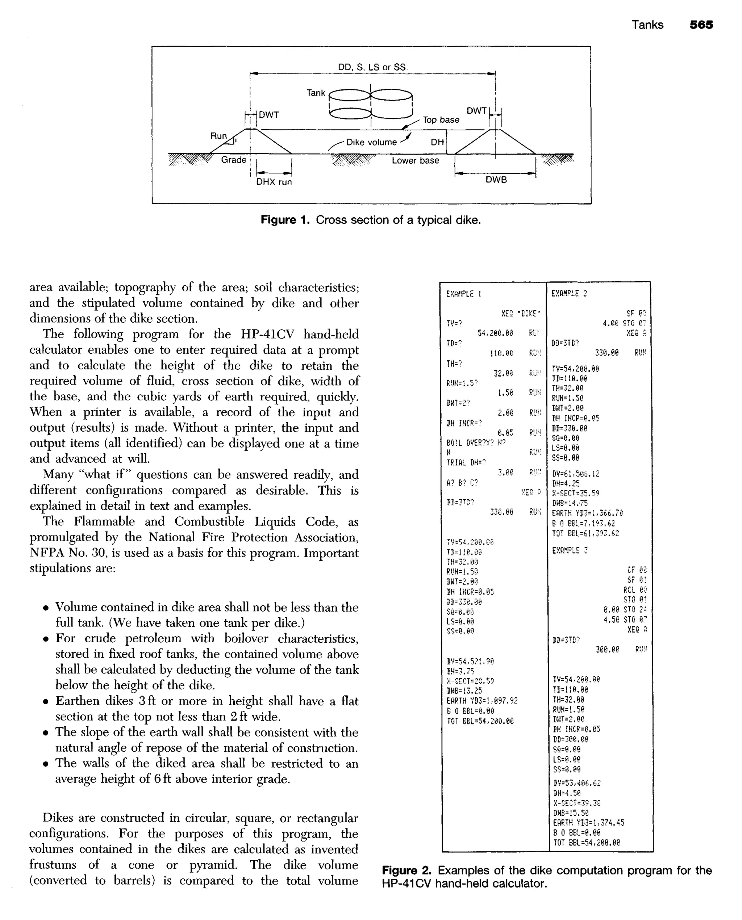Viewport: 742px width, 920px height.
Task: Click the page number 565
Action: (x=701, y=25)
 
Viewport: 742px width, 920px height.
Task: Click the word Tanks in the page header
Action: (x=647, y=25)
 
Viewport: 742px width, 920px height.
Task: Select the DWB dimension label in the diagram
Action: (x=496, y=180)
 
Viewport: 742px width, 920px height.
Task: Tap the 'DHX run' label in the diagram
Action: (x=274, y=182)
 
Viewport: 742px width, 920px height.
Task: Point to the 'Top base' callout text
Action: (x=441, y=120)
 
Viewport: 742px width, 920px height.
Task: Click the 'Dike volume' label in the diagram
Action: (x=371, y=142)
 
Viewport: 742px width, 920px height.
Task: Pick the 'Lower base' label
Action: (x=415, y=161)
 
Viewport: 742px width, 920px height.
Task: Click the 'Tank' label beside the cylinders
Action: (x=316, y=93)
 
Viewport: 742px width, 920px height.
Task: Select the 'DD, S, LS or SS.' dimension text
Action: (x=373, y=67)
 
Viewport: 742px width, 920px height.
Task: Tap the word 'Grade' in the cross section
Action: (x=233, y=160)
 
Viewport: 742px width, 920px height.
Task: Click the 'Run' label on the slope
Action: (x=218, y=136)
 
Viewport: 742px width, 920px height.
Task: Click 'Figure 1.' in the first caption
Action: (x=285, y=220)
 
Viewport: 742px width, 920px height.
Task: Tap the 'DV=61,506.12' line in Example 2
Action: (x=575, y=474)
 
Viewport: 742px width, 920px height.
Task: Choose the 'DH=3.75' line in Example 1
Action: (x=460, y=671)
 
